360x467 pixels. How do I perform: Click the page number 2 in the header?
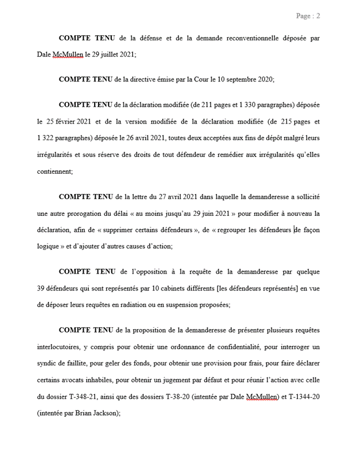(x=318, y=16)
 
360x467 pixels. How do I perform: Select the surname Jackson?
(x=103, y=413)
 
